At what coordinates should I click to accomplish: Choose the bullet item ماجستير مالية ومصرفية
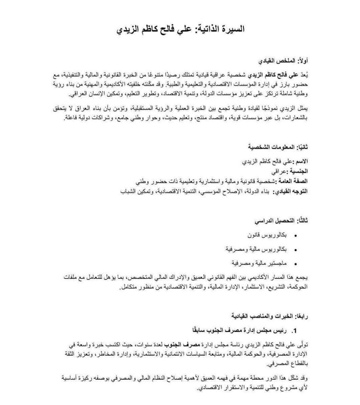tap(259, 263)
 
